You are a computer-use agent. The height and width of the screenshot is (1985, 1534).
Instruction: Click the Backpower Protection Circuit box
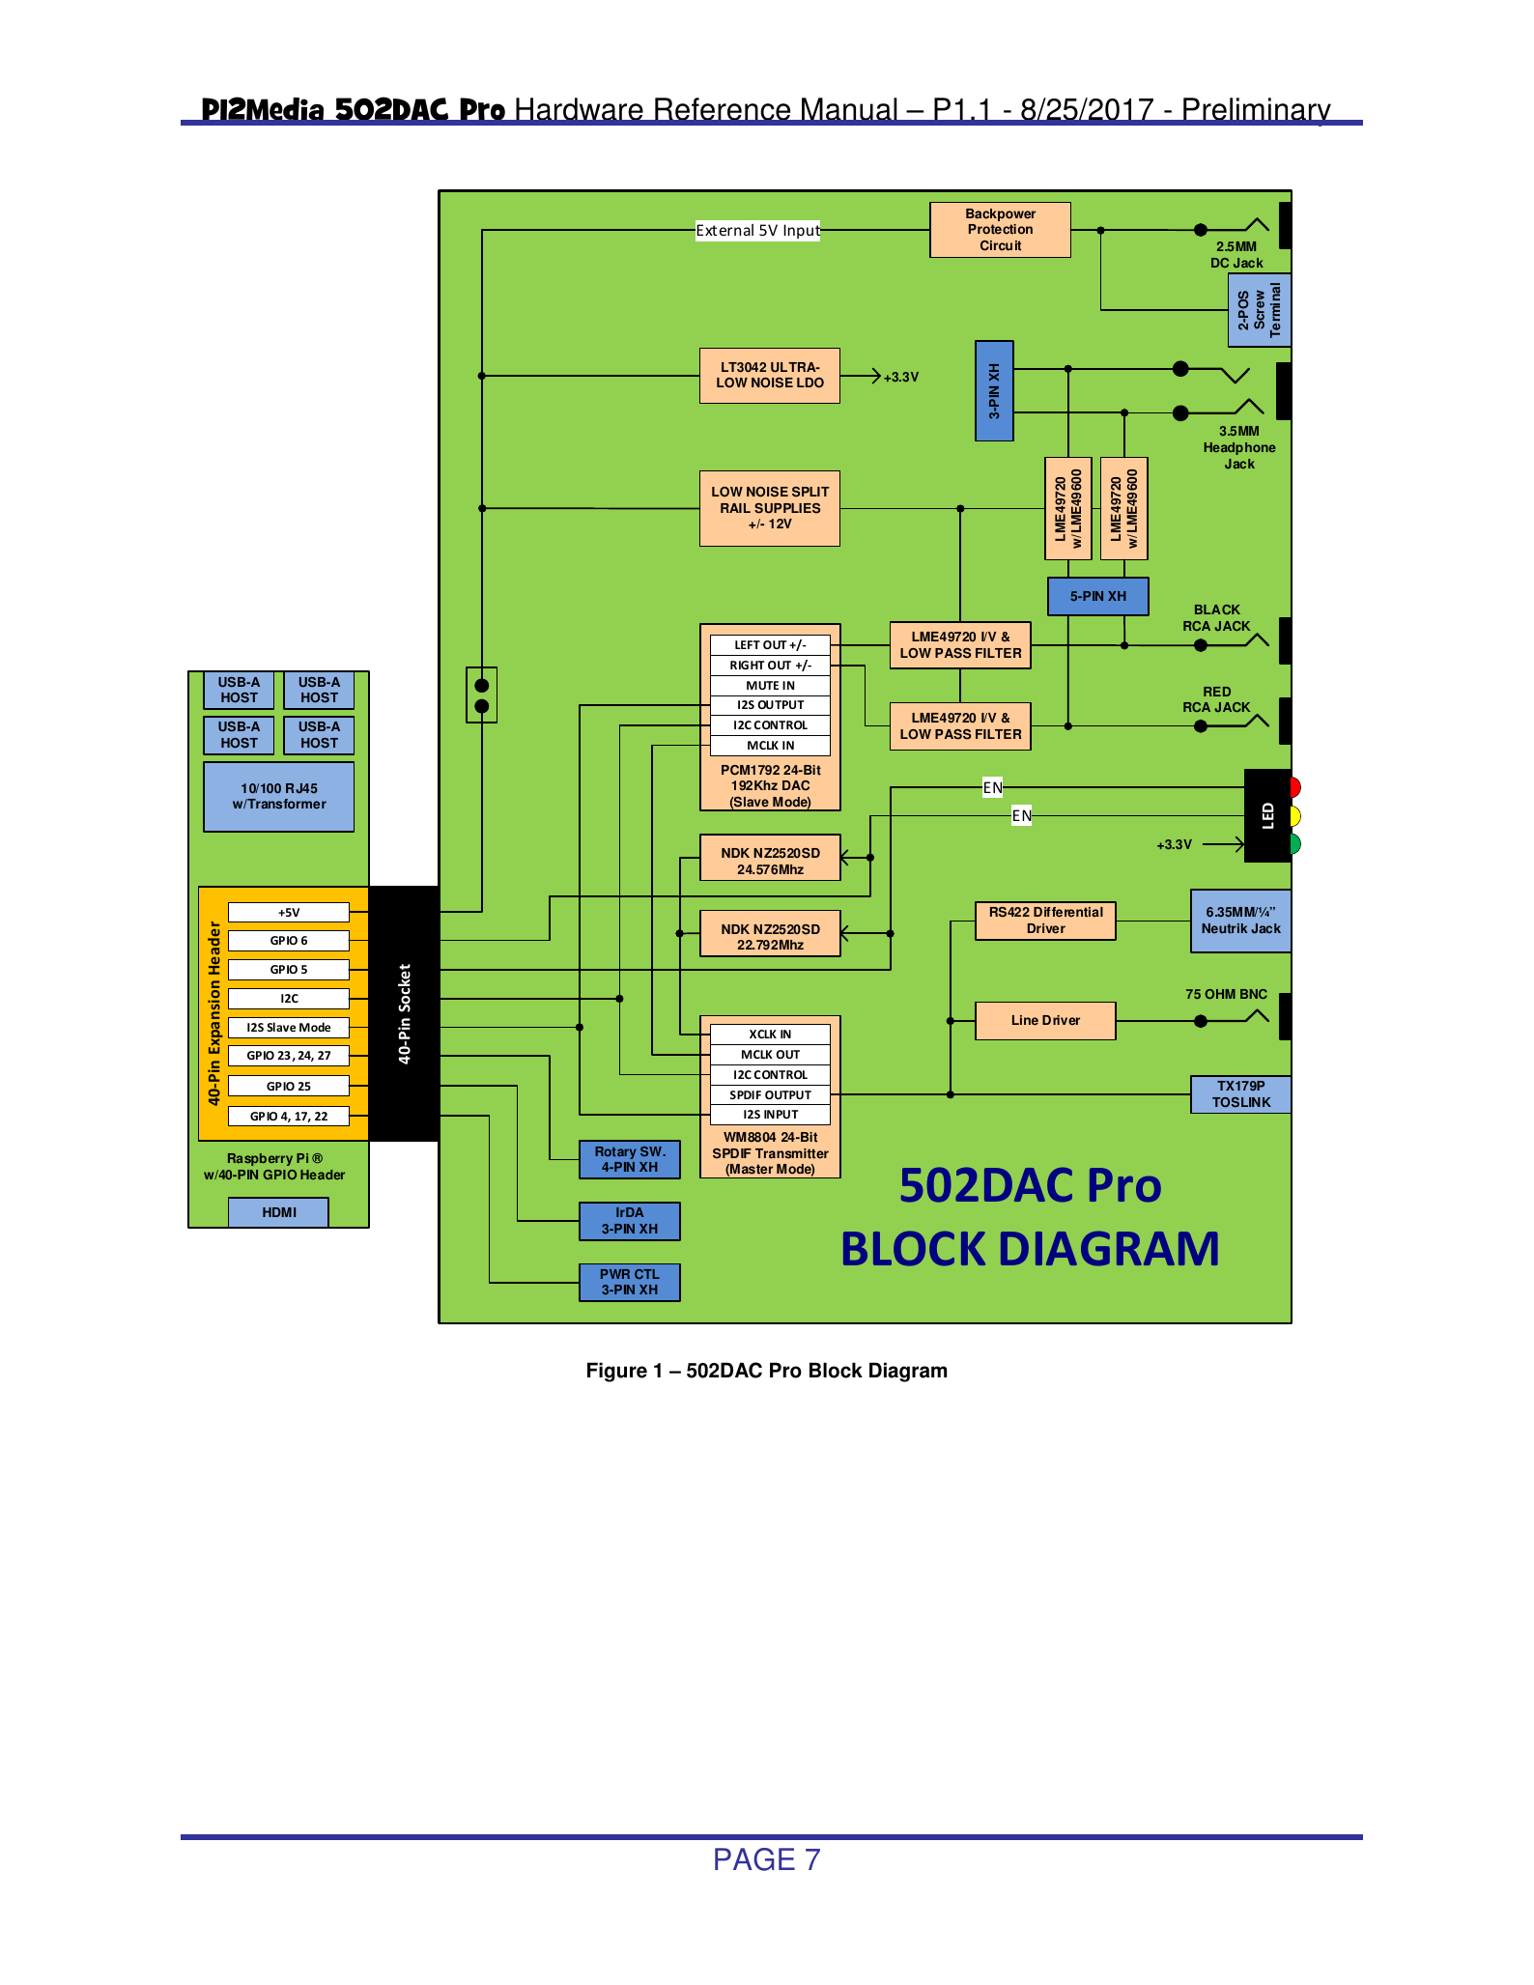[1000, 230]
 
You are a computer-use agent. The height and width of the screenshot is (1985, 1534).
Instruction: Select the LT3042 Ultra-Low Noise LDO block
[769, 376]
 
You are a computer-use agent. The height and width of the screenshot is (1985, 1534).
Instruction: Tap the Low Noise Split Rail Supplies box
[769, 508]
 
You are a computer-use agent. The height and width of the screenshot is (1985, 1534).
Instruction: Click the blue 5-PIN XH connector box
[1097, 596]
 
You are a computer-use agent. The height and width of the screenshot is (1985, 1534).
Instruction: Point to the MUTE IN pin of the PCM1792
[770, 686]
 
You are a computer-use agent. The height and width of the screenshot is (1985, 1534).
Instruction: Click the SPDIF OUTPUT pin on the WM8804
[770, 1094]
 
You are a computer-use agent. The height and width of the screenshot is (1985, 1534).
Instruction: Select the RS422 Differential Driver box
[1045, 921]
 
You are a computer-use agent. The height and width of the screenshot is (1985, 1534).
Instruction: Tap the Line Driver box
[1045, 1021]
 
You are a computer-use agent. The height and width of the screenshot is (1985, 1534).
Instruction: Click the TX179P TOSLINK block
[1240, 1094]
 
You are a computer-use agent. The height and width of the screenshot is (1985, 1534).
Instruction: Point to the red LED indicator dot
[1294, 787]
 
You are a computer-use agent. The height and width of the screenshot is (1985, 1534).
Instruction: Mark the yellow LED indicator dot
[1294, 816]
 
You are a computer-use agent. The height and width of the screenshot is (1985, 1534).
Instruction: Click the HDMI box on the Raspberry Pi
[278, 1212]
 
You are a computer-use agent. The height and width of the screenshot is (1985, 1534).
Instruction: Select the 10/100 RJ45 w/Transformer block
[278, 797]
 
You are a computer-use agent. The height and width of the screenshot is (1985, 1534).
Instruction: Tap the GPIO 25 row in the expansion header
[288, 1087]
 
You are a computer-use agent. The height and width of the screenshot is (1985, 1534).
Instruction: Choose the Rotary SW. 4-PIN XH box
[629, 1159]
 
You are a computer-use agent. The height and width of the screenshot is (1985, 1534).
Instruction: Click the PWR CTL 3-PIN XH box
[629, 1283]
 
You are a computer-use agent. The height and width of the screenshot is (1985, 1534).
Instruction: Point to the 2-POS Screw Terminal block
[1259, 310]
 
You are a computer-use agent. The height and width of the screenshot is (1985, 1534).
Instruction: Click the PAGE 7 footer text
[766, 1859]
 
